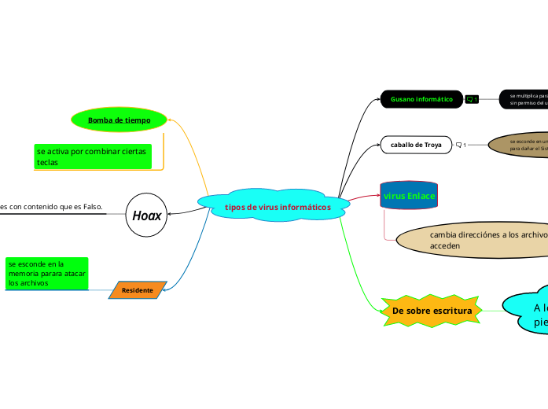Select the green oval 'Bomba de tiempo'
pos(119,120)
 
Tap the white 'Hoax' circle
pos(147,215)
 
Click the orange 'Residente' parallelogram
pos(138,290)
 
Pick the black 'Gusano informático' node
pos(421,99)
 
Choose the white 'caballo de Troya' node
pos(416,145)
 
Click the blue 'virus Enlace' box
pos(408,195)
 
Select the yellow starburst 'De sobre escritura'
pos(432,311)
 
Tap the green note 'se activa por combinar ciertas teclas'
pos(93,156)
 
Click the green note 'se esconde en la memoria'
pos(47,273)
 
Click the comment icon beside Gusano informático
pos(472,99)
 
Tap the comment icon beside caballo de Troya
pos(461,145)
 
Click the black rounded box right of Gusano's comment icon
pos(524,99)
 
